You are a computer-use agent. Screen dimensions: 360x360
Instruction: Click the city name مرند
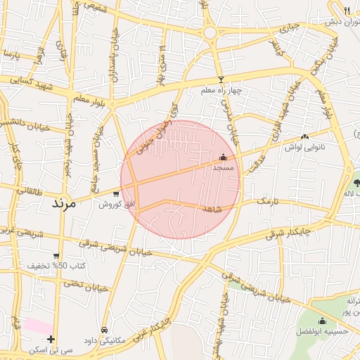[x=67, y=203]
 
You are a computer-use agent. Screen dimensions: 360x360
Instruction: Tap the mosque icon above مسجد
[x=223, y=157]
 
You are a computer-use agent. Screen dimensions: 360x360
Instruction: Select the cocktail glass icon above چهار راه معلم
[x=221, y=80]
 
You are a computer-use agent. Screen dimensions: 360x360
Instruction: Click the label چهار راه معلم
[x=221, y=91]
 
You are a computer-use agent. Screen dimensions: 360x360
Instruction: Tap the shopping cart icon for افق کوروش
[x=115, y=193]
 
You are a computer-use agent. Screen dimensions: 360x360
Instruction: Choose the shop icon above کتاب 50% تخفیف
[x=56, y=256]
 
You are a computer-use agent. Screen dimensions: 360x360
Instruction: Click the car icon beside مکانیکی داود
[x=105, y=330]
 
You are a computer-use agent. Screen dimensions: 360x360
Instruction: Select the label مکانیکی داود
[x=104, y=340]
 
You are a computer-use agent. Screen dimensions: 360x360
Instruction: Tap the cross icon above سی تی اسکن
[x=51, y=339]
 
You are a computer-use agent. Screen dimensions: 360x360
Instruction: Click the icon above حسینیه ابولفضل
[x=322, y=321]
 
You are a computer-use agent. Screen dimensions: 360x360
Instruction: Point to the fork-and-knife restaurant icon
[x=347, y=10]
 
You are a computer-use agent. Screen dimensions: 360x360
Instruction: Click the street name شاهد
[x=212, y=210]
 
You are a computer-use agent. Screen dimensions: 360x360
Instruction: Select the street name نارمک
[x=267, y=201]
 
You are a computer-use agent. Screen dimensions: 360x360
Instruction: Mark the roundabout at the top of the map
[x=210, y=32]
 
